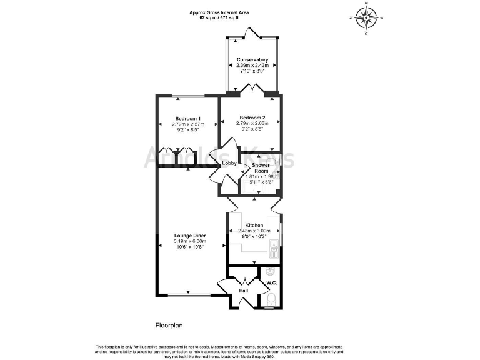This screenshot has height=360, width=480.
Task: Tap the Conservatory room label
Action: coord(252,60)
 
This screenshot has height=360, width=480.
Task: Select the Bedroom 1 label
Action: coord(187,119)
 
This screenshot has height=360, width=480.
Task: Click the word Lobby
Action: coord(230,164)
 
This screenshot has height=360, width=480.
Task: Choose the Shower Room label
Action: coord(261,167)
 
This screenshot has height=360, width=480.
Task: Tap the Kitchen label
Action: coord(253,225)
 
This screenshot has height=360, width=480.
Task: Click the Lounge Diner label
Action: coord(190,236)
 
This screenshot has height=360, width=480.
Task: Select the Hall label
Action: coord(243,291)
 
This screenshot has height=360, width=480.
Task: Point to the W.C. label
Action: coord(271,283)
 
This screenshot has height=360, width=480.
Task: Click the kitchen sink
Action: coord(273,252)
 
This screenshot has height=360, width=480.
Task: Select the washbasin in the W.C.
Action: coord(270,272)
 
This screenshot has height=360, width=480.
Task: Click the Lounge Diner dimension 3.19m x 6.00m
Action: coord(190,242)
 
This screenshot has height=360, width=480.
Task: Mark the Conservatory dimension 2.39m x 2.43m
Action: coord(252,66)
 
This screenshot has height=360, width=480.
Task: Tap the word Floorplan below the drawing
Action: coord(169,326)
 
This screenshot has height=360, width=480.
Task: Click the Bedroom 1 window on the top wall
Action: coord(187,95)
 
